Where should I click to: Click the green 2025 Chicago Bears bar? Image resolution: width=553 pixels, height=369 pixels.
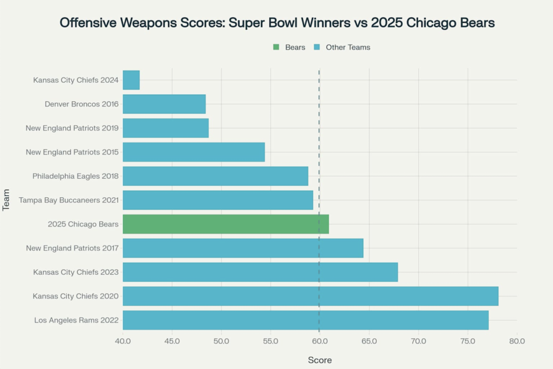(226, 224)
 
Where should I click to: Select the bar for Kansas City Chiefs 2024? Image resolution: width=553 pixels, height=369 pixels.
(131, 80)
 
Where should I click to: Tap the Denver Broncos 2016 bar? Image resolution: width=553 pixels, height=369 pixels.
(164, 104)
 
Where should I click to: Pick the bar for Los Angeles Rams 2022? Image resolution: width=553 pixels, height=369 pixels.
(305, 320)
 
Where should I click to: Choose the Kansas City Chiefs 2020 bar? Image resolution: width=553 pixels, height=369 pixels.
(311, 296)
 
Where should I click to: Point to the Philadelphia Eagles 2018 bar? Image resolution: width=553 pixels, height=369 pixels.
(215, 176)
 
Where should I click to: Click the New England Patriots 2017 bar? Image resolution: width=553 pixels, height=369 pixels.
(243, 248)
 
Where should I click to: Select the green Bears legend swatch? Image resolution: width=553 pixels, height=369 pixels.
(276, 48)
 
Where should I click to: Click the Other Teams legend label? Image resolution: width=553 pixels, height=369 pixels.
(347, 48)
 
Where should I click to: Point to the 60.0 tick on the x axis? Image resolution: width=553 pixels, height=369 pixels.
(319, 342)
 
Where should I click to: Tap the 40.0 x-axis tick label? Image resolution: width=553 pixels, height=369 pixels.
(123, 342)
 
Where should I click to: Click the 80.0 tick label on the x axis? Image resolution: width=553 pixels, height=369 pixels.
(517, 342)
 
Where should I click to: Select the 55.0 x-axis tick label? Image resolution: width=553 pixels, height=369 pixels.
(270, 342)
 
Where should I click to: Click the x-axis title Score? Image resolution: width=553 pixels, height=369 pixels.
(319, 360)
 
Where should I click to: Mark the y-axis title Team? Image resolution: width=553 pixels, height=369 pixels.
(7, 200)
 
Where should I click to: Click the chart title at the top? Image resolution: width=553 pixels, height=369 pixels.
(277, 23)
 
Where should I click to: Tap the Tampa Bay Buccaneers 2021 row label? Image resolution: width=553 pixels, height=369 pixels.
(69, 200)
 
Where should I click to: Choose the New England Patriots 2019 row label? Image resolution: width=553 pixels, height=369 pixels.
(72, 128)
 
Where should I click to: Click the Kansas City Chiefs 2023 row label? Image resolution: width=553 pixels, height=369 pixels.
(76, 272)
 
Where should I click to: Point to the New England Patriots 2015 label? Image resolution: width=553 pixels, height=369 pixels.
(72, 152)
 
